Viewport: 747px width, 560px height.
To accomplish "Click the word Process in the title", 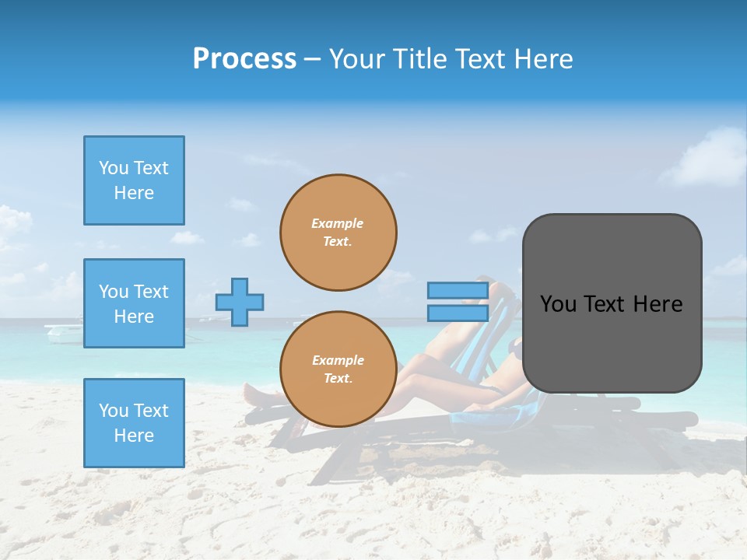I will (x=244, y=59).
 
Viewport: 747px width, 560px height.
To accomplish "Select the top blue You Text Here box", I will (x=134, y=180).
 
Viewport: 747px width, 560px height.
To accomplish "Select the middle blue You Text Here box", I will (x=134, y=303).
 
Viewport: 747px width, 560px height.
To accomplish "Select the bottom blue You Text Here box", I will (x=134, y=423).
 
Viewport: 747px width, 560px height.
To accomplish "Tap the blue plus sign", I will (x=240, y=302).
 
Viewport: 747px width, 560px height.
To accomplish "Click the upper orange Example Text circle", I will (x=338, y=233).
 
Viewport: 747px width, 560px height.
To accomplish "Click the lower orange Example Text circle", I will (x=338, y=369).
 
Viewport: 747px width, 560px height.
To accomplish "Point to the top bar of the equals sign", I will (x=458, y=291).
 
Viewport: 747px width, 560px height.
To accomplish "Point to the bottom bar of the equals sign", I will (x=458, y=313).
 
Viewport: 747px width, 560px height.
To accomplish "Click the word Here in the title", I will (x=544, y=59).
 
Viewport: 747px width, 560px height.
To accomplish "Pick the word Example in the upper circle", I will (x=338, y=223).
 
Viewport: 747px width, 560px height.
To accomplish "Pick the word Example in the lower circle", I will (x=338, y=360).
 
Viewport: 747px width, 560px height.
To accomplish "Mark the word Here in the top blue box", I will (x=134, y=193).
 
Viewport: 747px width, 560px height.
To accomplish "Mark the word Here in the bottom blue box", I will (x=134, y=436).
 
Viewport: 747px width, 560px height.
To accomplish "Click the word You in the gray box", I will (x=558, y=304).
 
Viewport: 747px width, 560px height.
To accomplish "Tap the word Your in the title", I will (x=356, y=59).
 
